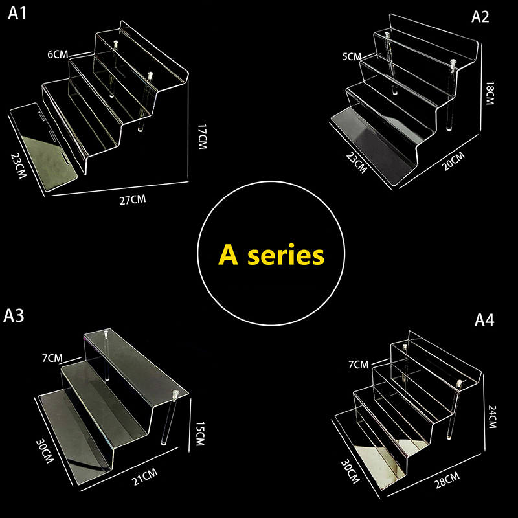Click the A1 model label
tap(17, 14)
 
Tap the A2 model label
tap(480, 17)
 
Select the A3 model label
tap(14, 315)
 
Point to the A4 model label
tap(484, 320)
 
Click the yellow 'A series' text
tap(271, 254)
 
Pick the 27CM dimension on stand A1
tap(133, 200)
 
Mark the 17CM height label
tap(203, 137)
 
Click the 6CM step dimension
tap(58, 54)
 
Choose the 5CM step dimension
tap(352, 57)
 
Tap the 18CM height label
tap(490, 93)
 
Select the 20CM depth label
tap(454, 161)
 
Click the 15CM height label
tap(200, 433)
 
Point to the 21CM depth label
tap(145, 477)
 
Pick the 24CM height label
tap(492, 416)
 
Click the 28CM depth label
tap(447, 480)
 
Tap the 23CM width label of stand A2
tap(357, 163)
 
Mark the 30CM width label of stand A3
tap(45, 451)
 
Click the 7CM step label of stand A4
tap(359, 365)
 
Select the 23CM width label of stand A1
tap(19, 166)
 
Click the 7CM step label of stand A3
tap(52, 358)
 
